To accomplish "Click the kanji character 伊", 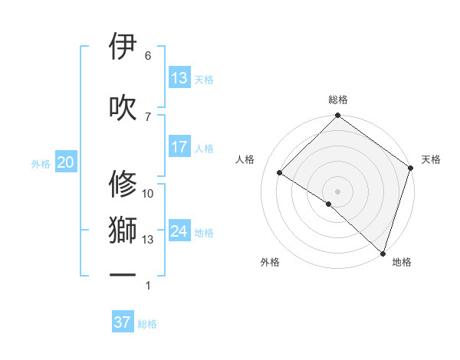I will point(123,47).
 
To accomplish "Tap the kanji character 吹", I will point(123,107).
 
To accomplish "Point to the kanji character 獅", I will point(123,231).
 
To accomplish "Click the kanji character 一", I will point(123,274).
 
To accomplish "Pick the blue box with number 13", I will point(179,78).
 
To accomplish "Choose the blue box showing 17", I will point(179,147).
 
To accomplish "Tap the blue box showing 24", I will point(179,231).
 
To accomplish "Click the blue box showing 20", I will point(65,162).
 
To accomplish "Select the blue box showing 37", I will point(123,322).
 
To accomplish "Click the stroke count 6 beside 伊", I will point(148,56).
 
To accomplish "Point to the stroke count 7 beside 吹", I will point(148,116).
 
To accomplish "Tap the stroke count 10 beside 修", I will point(148,194).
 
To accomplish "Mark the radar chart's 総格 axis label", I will point(338,100).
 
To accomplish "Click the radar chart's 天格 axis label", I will point(431,159).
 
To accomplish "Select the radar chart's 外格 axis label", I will point(270,262).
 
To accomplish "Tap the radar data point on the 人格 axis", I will point(280,173).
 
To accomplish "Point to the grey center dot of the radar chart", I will point(337,191).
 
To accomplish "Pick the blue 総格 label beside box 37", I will point(147,324).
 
